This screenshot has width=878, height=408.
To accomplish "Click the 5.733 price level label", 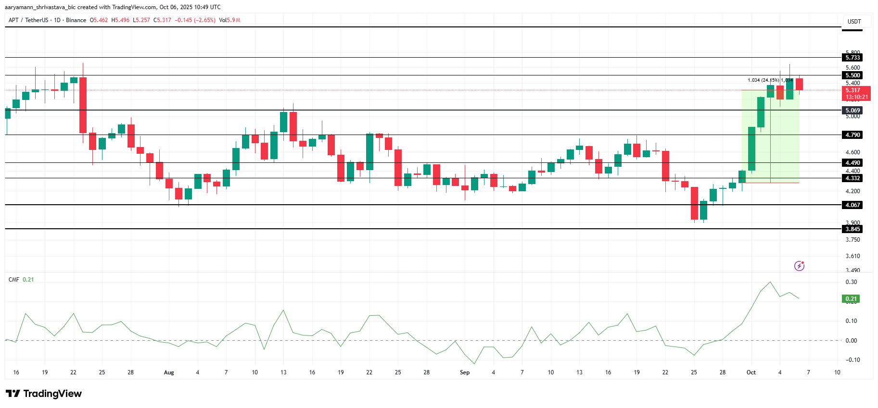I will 853,58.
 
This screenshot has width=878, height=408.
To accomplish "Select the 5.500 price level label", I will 853,75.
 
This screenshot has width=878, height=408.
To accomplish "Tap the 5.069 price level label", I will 853,111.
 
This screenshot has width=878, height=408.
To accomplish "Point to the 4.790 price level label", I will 853,135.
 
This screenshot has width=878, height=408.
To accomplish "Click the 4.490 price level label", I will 853,163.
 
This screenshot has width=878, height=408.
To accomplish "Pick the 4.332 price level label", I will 853,178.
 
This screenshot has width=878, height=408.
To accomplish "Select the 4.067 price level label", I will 853,205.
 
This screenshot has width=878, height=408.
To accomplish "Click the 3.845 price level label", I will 853,229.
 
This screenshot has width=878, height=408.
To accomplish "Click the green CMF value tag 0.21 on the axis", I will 851,299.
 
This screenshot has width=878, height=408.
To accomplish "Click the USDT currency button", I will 854,22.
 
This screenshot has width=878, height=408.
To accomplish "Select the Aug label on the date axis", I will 169,372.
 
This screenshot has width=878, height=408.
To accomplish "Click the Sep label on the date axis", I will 465,372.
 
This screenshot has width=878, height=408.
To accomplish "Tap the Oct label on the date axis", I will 751,372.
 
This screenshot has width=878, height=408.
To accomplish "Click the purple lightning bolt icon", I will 799,266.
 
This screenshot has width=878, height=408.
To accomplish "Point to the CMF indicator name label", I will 14,280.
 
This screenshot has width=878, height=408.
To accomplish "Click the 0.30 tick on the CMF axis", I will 851,282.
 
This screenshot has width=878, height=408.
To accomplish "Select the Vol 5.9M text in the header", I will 229,20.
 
